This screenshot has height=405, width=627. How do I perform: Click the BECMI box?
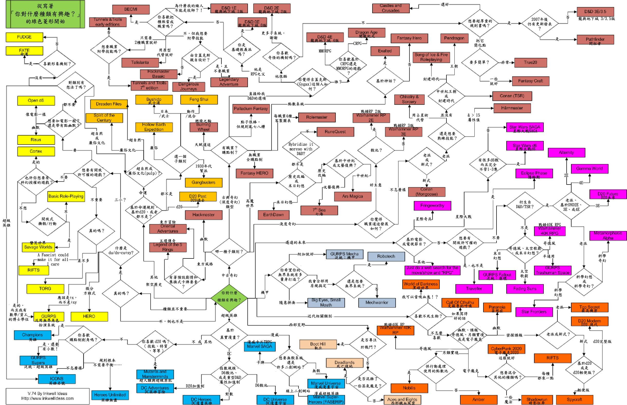131,9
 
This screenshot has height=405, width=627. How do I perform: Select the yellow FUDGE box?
24,37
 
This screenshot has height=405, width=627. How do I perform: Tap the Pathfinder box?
595,40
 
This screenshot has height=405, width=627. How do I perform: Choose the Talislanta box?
140,63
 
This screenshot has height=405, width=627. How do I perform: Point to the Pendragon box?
454,38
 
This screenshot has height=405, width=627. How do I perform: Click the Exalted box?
385,51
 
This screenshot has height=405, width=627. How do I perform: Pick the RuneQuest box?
335,132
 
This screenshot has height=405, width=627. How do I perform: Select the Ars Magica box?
352,196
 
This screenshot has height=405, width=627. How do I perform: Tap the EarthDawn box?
274,215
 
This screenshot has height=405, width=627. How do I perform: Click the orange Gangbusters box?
203,182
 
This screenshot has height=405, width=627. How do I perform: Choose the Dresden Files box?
109,104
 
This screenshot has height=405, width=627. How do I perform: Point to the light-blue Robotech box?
386,256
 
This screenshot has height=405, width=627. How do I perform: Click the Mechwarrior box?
377,303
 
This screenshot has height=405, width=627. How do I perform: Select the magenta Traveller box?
474,289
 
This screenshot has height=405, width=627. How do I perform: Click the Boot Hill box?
318,344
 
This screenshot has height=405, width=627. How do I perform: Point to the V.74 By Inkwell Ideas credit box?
47,396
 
